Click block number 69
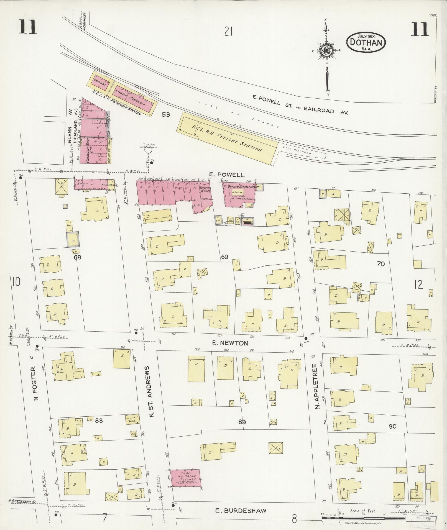[x=224, y=257]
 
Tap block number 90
[x=392, y=426]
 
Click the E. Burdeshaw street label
[x=241, y=510]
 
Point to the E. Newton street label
[x=230, y=343]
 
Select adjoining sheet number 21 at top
[x=228, y=32]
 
